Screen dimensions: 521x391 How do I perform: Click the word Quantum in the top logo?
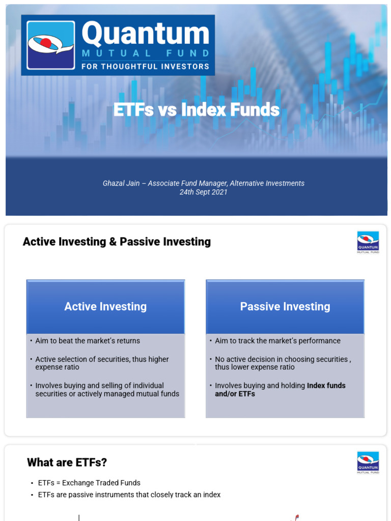pos(145,35)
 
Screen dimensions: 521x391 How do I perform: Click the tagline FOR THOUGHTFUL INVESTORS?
pos(145,66)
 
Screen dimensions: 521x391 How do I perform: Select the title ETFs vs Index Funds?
pos(196,109)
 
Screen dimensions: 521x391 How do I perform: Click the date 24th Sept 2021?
pos(203,192)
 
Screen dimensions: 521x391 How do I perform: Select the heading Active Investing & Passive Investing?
pos(117,242)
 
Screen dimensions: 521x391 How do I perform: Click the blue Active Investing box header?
pos(105,306)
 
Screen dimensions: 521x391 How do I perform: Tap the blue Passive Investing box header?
pos(285,306)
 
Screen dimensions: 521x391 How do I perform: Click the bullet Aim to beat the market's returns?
pos(88,341)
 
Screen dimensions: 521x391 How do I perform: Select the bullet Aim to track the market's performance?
pos(277,341)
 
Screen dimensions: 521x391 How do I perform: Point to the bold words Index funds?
pos(326,386)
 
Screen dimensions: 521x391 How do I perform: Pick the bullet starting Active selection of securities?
pos(102,363)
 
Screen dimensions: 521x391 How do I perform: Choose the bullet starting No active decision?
pos(283,363)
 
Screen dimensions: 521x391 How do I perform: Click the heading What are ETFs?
pos(67,462)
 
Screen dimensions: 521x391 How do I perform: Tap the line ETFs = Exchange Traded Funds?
pos(89,483)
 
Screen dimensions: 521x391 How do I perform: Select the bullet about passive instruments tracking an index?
pos(129,495)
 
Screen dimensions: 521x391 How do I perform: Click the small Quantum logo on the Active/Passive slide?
pos(368,242)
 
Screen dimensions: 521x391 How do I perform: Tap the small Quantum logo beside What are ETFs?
pos(368,462)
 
